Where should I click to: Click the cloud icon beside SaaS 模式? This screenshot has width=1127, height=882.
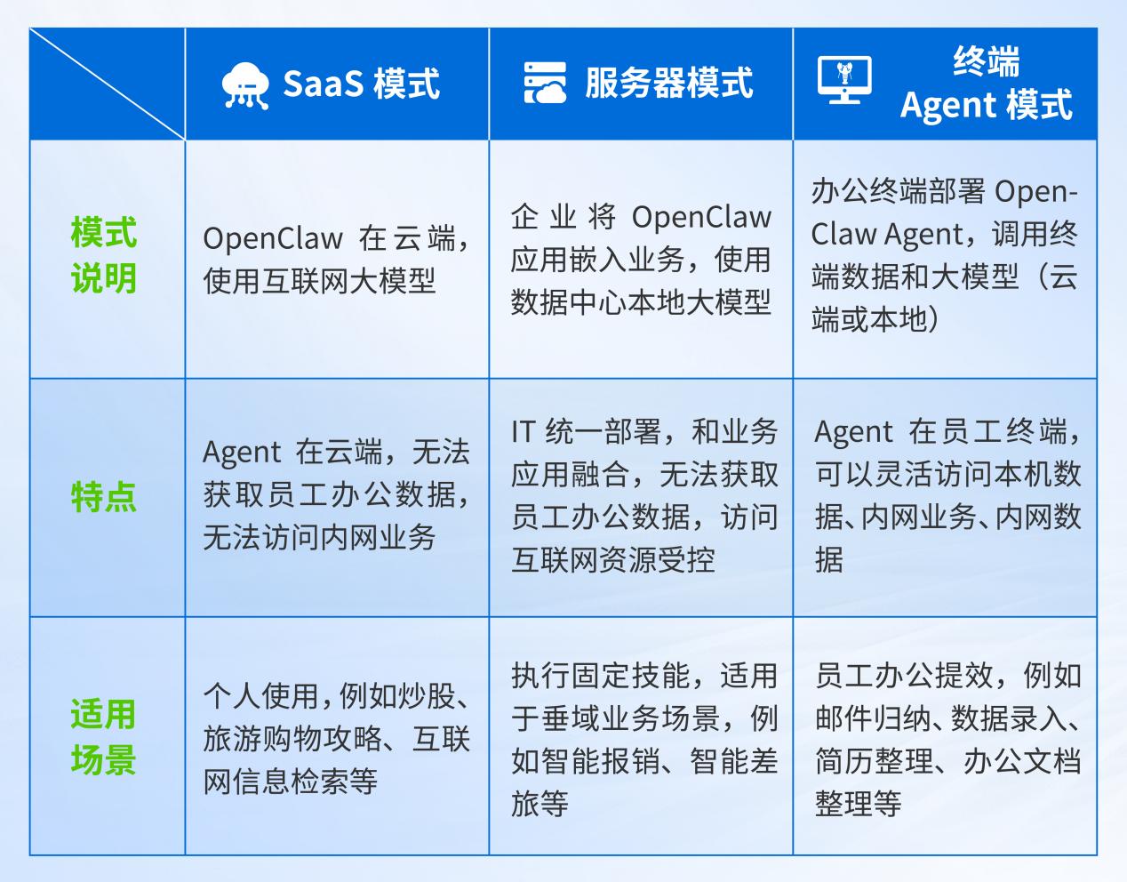point(244,84)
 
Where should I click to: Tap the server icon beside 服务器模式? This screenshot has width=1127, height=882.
point(545,84)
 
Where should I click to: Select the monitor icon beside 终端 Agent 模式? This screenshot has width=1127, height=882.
point(843,81)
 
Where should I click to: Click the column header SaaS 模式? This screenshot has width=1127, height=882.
point(361,84)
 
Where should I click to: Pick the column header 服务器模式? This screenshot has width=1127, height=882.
point(668,84)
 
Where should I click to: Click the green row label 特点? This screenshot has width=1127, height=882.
point(104,497)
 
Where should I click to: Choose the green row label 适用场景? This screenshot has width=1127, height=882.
point(104,737)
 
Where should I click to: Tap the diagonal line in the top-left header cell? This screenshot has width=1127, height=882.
point(107,84)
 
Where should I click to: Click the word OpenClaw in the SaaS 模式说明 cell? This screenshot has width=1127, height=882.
point(272,238)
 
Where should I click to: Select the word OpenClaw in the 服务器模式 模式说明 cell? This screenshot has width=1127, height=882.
point(701,217)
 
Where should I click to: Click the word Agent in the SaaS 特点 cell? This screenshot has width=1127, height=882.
point(241,453)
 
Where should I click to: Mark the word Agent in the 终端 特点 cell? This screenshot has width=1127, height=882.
point(853,432)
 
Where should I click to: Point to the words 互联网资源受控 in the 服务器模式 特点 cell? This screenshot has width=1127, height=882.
point(613,560)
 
